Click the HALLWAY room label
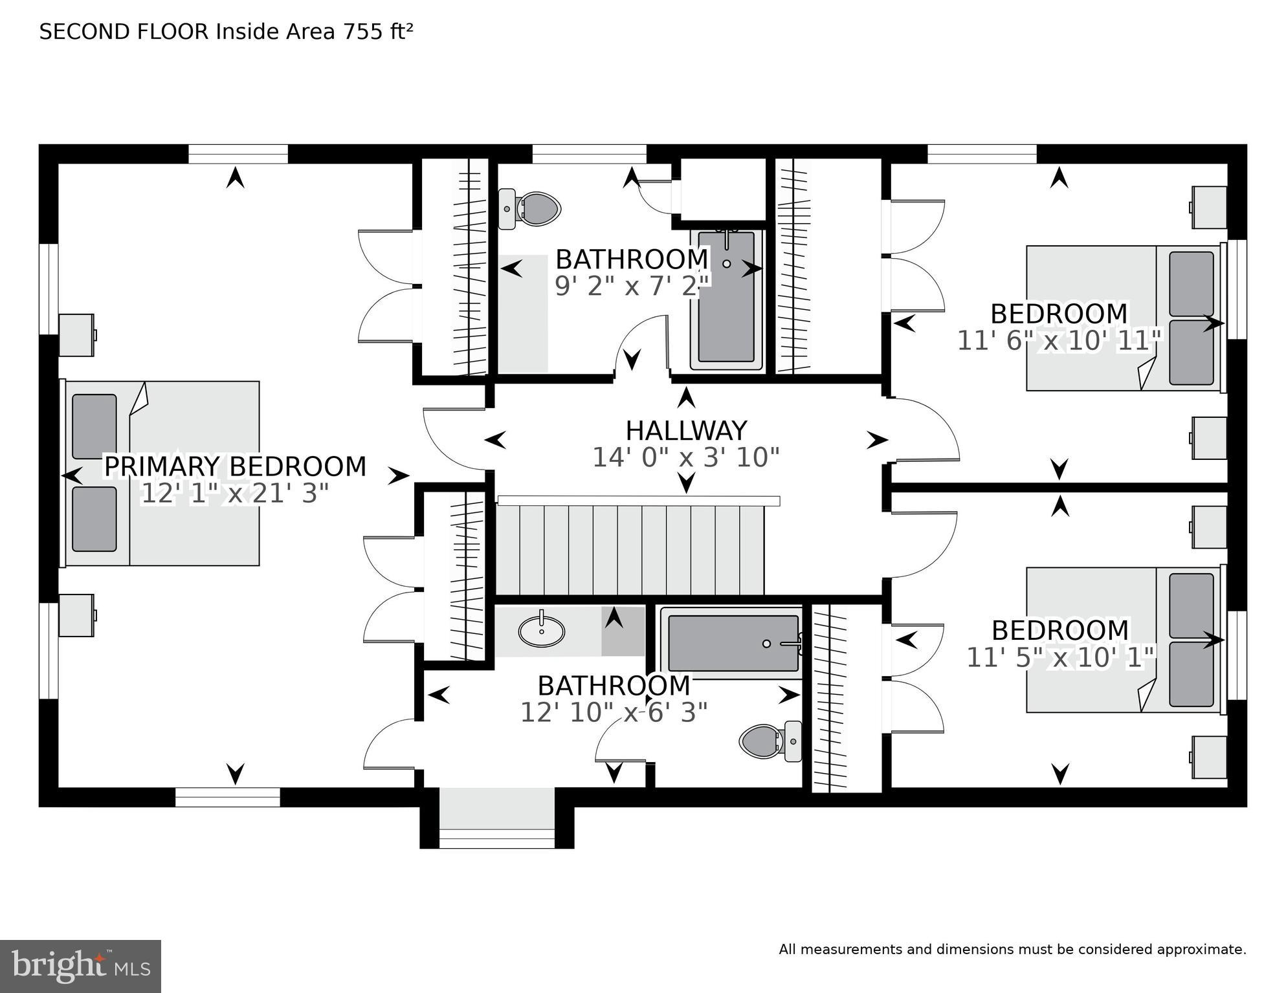click(686, 431)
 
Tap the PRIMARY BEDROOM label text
click(235, 466)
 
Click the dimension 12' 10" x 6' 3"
click(614, 713)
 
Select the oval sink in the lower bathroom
click(541, 631)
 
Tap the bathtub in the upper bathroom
click(726, 300)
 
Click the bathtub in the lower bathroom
click(733, 643)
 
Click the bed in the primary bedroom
click(162, 474)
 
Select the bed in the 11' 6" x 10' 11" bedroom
click(1123, 318)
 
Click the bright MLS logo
click(80, 966)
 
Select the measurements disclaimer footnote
click(1012, 950)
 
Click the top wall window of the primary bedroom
click(238, 154)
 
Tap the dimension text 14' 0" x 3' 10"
click(686, 458)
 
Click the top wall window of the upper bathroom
click(589, 154)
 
